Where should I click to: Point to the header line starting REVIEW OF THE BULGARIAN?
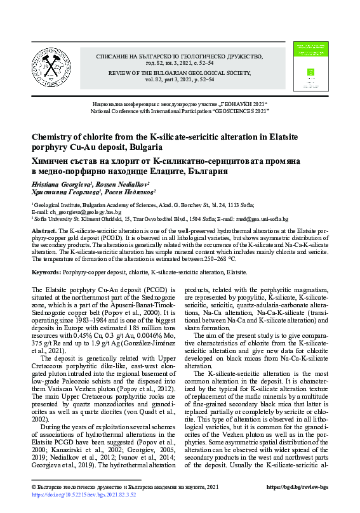point(180,72)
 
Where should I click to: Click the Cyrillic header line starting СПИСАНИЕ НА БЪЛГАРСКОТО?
point(180,57)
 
